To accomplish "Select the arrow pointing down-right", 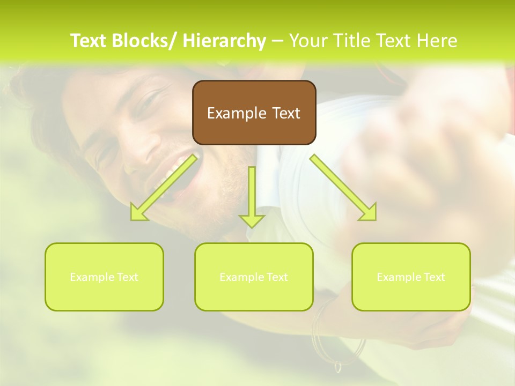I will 343,188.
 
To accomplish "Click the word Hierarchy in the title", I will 224,41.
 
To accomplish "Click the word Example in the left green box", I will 89,277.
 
